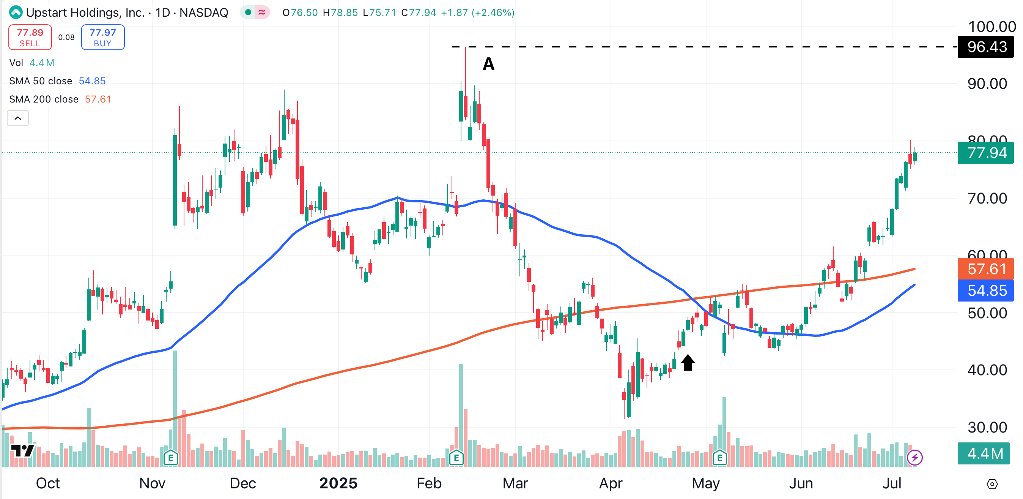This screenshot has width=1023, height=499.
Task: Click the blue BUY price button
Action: [x=102, y=37]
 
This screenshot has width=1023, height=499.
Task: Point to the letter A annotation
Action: [x=488, y=64]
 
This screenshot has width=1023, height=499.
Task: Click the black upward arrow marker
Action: [x=688, y=362]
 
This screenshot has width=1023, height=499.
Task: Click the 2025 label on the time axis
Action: [x=338, y=483]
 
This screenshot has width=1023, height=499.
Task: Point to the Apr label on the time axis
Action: [x=611, y=483]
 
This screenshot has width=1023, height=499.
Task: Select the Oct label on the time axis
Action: [x=48, y=483]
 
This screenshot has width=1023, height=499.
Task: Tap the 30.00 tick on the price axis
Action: [x=987, y=428]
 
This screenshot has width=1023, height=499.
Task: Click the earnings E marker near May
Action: [x=719, y=458]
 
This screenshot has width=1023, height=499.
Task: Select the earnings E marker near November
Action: [x=171, y=458]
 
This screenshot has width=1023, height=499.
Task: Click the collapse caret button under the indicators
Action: [x=18, y=118]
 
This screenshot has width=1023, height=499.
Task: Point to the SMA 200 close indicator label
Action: [x=44, y=99]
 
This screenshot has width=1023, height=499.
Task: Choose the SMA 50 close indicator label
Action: [x=41, y=81]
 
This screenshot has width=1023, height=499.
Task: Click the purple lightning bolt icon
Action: [x=914, y=458]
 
